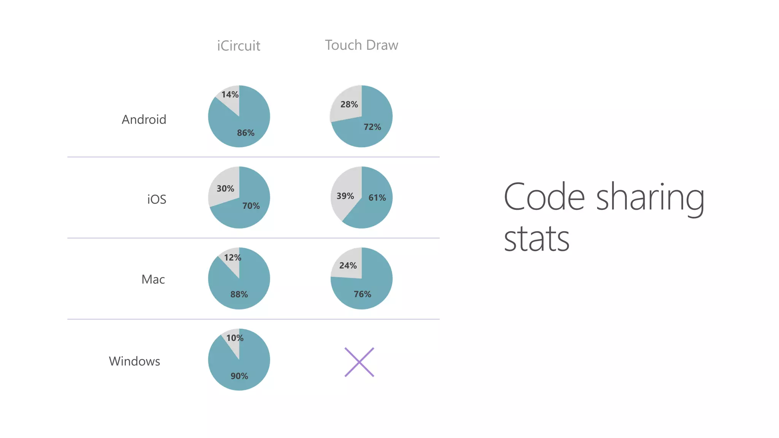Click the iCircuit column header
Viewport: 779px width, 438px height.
coord(238,46)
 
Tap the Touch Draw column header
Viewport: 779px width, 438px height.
coord(361,45)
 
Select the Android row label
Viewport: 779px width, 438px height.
coord(144,120)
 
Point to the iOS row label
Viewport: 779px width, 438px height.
coord(157,199)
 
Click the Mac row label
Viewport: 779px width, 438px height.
coord(153,279)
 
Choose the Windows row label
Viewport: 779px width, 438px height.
coord(134,361)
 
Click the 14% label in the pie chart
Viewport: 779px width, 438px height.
coord(230,95)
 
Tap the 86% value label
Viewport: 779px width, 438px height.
coord(246,133)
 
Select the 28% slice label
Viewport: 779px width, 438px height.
coord(349,105)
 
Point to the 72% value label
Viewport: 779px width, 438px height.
coord(372,127)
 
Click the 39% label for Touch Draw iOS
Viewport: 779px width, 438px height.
coord(345,196)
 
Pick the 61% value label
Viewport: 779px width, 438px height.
coord(377,198)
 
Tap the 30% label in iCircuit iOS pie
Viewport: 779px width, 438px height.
coord(226,189)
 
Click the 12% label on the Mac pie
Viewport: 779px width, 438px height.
coord(233,258)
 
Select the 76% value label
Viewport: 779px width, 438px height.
coord(362,294)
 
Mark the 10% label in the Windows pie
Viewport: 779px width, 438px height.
coord(235,338)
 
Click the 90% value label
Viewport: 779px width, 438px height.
coord(239,376)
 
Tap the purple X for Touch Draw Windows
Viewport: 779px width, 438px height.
coord(359,362)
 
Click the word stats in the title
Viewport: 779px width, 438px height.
coord(536,240)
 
